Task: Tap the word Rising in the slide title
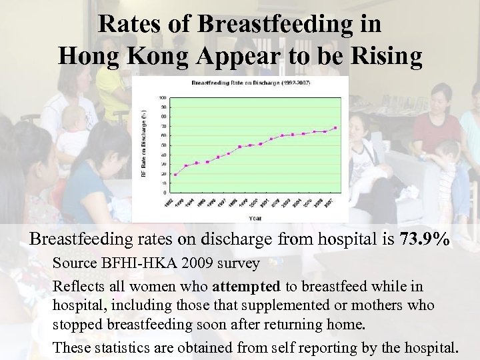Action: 386,57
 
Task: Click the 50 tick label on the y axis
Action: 164,145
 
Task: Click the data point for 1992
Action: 175,175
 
